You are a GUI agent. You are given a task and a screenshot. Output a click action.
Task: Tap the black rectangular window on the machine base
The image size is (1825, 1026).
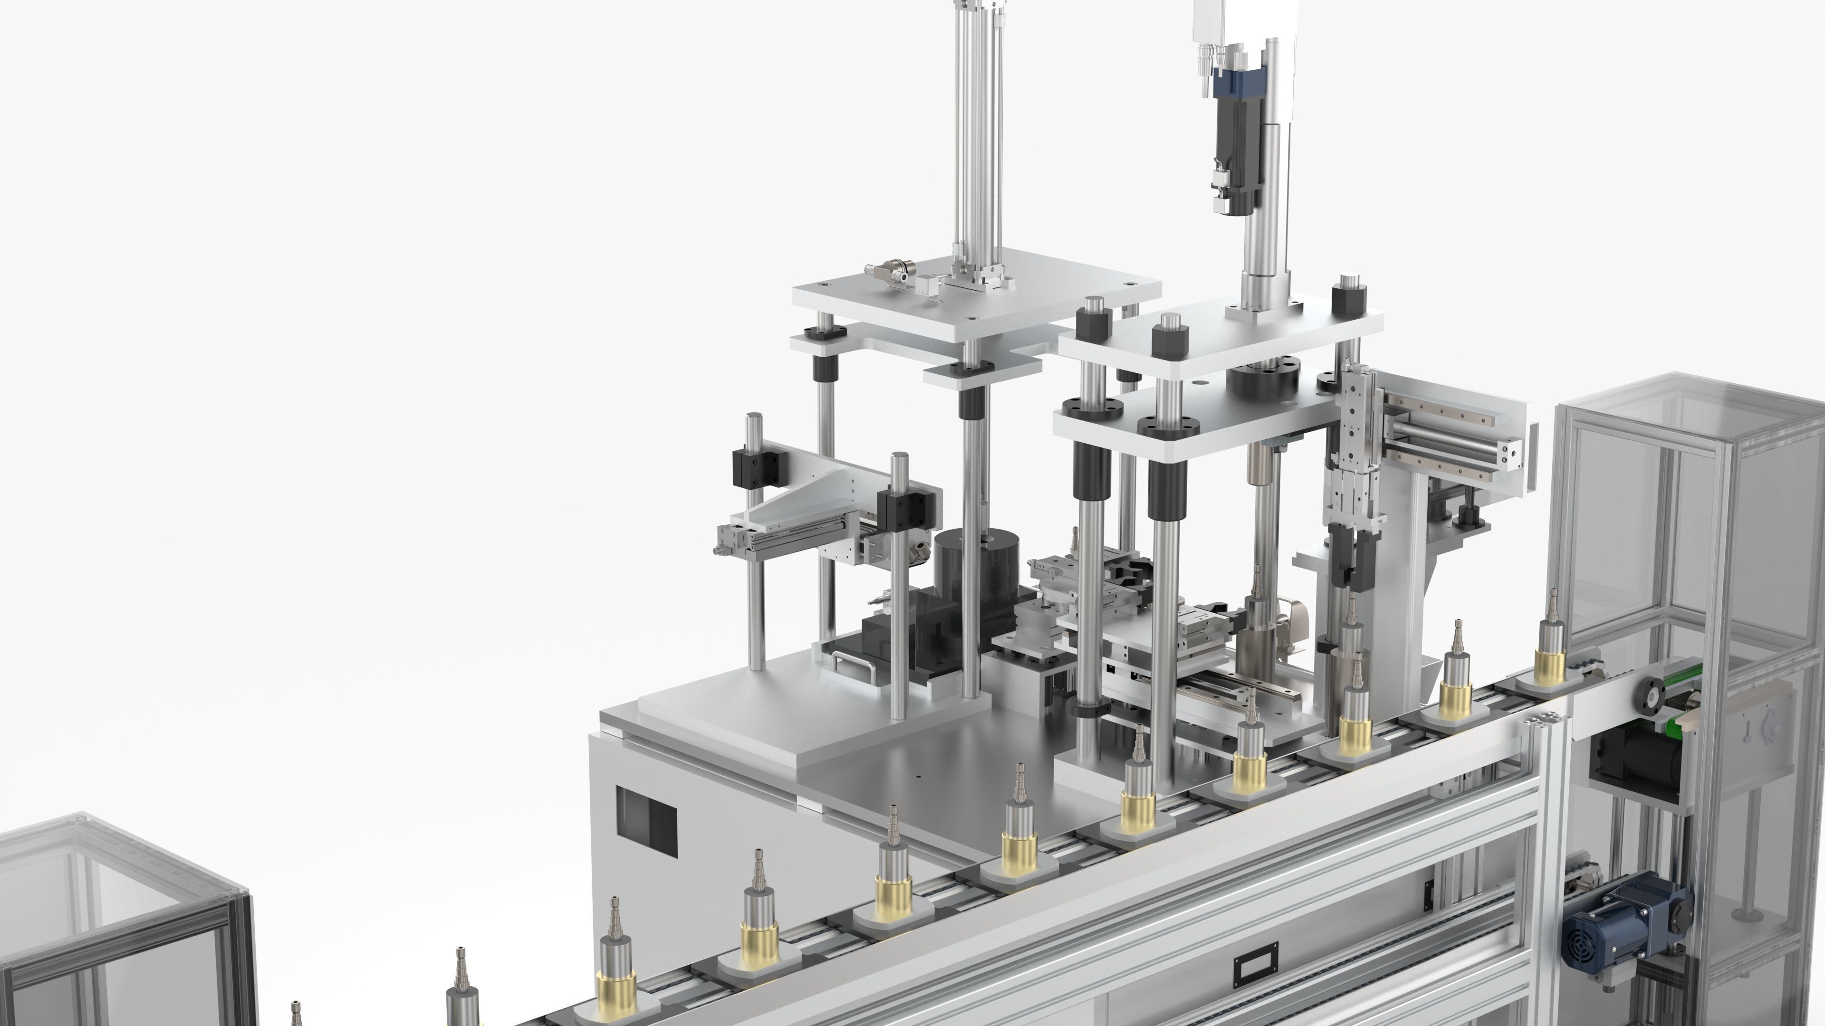[x=646, y=821]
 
